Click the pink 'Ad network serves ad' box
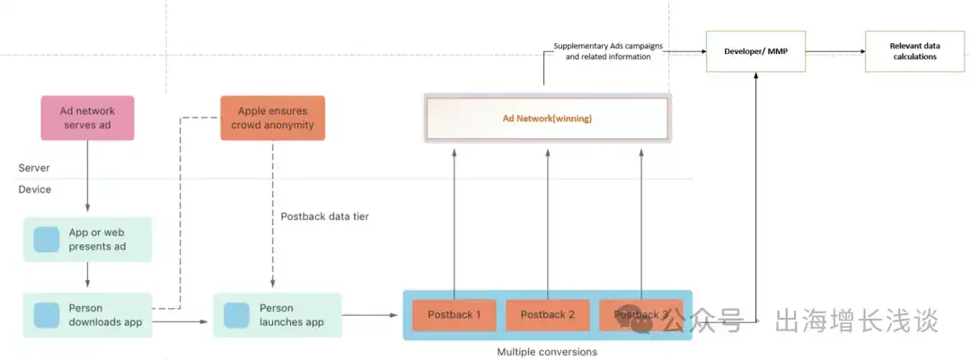87,119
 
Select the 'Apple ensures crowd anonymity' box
272,119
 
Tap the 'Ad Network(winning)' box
547,118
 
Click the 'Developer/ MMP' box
755,51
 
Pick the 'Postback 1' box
454,314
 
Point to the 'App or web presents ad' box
88,240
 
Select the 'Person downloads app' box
88,314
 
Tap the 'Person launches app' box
278,314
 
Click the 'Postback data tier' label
324,216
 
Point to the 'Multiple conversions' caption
547,352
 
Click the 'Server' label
34,168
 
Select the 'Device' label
35,189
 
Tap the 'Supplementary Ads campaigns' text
602,46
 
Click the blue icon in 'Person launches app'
236,315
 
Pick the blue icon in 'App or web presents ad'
47,240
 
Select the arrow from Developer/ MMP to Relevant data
834,51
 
